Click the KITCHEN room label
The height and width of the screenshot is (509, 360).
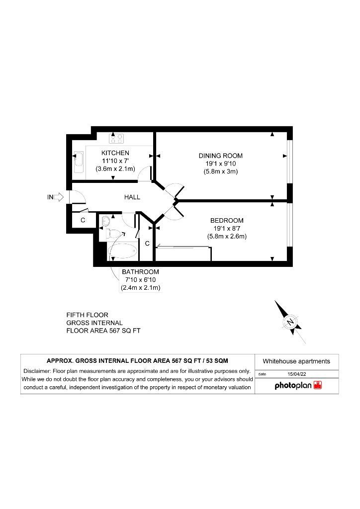coord(115,153)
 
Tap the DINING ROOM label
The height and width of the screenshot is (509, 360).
coord(220,156)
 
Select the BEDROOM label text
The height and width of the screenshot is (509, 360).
coord(227,220)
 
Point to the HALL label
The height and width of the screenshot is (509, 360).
coord(132,197)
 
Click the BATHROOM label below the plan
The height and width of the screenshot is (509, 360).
coord(141,272)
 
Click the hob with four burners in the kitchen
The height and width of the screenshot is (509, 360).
coord(116,139)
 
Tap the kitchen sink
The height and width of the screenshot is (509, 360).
coord(79,163)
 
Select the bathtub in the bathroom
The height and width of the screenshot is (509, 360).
coord(123,251)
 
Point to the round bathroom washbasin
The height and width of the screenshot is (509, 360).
coord(106,221)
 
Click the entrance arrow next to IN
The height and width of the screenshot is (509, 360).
coord(59,197)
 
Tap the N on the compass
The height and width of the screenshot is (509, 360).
coord(290,322)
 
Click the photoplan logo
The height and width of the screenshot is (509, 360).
coord(298,385)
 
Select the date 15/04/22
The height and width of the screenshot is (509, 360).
coord(297,374)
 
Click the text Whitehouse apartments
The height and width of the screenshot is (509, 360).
coord(296,361)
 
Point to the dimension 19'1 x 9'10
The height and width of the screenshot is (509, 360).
coord(220,164)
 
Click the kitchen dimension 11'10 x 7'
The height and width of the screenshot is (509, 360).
coord(115,161)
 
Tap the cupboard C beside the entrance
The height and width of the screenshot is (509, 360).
coord(83,220)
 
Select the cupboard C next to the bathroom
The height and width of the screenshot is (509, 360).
coord(147,244)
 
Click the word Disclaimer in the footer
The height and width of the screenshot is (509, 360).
coord(37,371)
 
